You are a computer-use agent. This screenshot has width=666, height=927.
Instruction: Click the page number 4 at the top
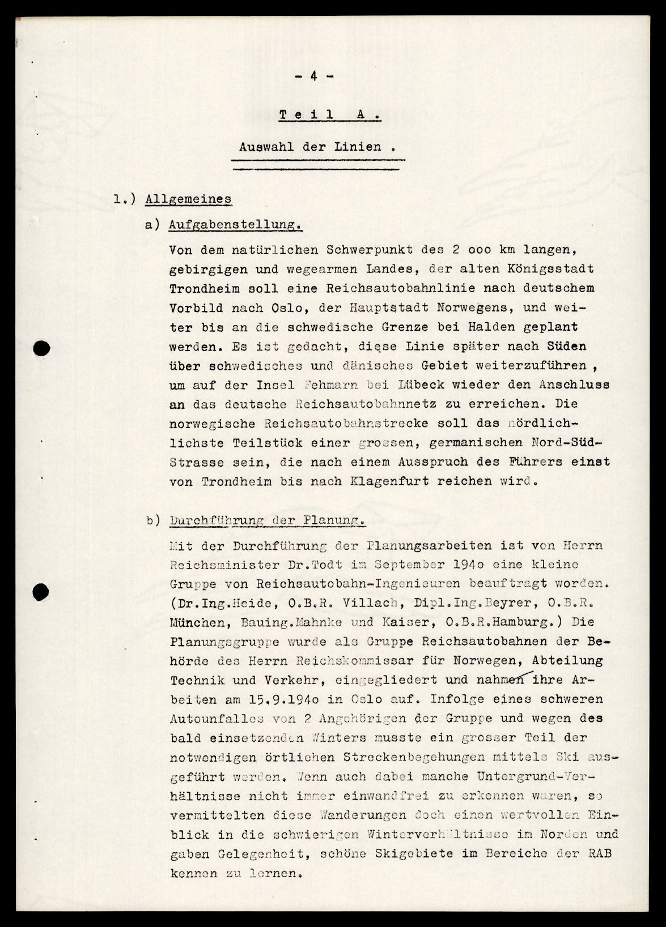(313, 77)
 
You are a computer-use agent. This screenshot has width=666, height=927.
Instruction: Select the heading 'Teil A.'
(329, 115)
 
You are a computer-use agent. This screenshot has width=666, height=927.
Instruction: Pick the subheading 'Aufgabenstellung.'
(235, 225)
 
